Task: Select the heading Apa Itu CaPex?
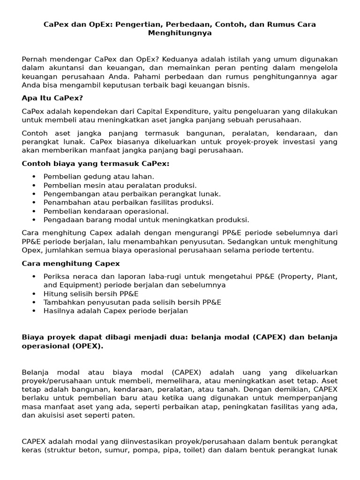(x=52, y=98)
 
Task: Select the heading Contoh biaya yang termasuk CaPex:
(x=96, y=164)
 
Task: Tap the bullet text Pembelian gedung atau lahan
(x=98, y=177)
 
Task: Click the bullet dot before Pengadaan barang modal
(x=34, y=220)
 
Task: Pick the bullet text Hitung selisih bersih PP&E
(x=91, y=294)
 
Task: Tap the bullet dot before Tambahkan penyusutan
(x=34, y=302)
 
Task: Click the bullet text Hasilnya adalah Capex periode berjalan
(x=115, y=311)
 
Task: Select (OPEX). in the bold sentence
(x=82, y=346)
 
